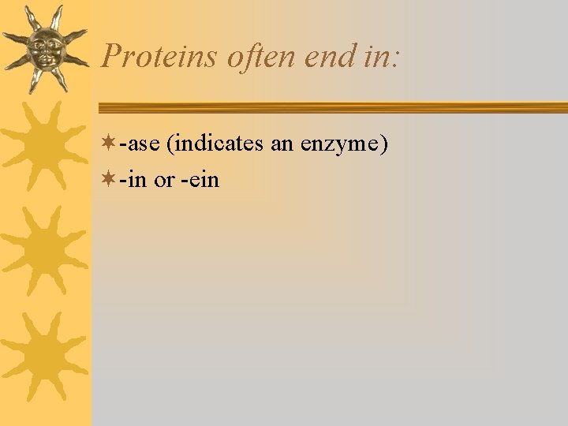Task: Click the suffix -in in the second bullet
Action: click(134, 180)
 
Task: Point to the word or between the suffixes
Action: click(164, 180)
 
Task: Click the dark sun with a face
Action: click(44, 47)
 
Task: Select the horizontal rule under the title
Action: click(331, 108)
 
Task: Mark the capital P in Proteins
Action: click(112, 56)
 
